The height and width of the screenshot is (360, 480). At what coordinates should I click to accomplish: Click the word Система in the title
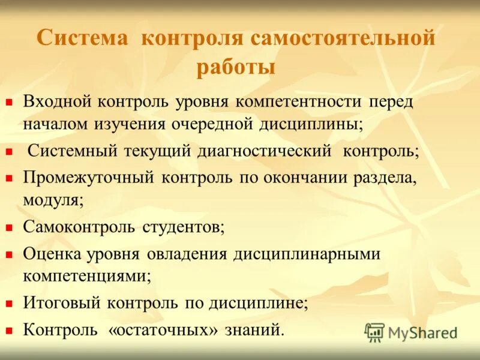pos(83,39)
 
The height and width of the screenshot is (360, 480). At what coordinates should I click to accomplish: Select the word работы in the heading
pos(236,67)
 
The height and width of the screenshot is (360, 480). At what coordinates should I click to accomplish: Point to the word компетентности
pos(299,101)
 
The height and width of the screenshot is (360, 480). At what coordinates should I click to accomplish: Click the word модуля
pos(53,200)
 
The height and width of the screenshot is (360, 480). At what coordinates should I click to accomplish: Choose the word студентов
pos(184,227)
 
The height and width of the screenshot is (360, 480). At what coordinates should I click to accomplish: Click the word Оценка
pos(53,254)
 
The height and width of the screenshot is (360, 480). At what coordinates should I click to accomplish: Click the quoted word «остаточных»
pos(162,329)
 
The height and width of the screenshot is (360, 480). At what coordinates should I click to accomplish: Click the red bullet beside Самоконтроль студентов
pos(9,228)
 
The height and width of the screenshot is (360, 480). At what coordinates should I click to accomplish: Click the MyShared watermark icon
pos(374,332)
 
